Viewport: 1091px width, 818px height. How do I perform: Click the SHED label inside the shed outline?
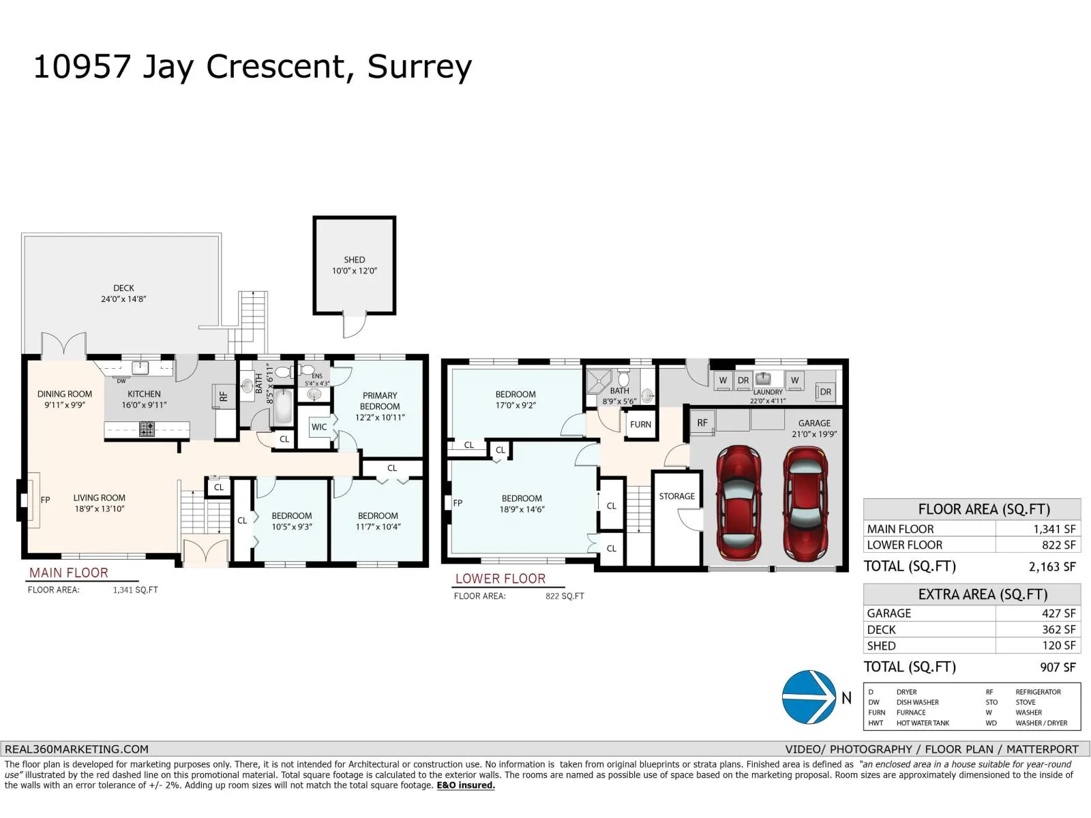click(x=354, y=260)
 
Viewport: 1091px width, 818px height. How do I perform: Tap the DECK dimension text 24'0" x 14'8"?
click(x=123, y=299)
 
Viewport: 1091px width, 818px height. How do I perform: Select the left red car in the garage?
click(x=738, y=502)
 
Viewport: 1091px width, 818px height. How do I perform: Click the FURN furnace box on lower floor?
click(x=640, y=424)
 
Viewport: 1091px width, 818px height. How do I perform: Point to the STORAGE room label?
click(x=676, y=496)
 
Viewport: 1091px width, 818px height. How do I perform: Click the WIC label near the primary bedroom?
click(x=318, y=427)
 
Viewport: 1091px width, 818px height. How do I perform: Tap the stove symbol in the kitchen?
click(x=147, y=429)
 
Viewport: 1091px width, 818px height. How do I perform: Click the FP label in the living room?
click(x=45, y=500)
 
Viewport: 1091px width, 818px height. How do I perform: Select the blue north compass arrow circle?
click(x=809, y=697)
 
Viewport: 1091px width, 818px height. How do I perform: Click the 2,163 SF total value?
click(x=1051, y=566)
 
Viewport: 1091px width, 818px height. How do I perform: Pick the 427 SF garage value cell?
click(x=1058, y=613)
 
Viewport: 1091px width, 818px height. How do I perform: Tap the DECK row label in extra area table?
click(x=881, y=630)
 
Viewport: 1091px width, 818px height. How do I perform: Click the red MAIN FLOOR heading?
click(x=68, y=573)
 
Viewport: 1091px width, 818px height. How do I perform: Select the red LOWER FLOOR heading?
click(x=500, y=579)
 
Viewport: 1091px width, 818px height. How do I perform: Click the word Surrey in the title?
click(x=419, y=67)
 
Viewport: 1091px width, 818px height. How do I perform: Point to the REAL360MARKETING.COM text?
click(x=76, y=749)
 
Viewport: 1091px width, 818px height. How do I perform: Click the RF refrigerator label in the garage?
click(x=702, y=423)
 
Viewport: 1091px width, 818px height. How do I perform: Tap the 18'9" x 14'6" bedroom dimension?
click(x=522, y=510)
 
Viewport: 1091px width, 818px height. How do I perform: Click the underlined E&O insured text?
click(x=466, y=785)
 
